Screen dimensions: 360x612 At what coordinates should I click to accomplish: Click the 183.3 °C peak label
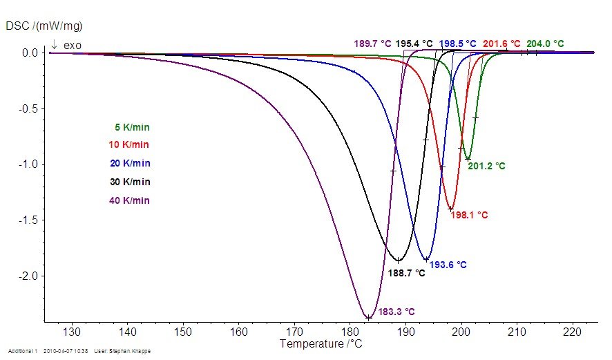click(396, 312)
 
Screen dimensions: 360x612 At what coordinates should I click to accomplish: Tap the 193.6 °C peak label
click(448, 265)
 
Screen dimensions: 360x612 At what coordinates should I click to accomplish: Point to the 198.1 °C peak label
click(469, 215)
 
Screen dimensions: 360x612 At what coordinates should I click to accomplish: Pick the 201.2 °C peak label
click(486, 166)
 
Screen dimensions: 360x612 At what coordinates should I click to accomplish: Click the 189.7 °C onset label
click(373, 44)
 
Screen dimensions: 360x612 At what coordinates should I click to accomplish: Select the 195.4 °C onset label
click(414, 44)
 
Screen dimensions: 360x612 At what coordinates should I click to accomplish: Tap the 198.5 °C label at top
click(457, 44)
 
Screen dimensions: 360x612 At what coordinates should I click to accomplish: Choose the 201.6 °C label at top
click(501, 44)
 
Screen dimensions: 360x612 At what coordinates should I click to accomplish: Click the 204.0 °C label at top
click(545, 44)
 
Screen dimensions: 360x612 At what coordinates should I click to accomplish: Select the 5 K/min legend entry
click(132, 127)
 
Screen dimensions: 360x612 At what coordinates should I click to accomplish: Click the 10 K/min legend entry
click(129, 145)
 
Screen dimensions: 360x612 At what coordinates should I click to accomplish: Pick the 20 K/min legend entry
click(129, 164)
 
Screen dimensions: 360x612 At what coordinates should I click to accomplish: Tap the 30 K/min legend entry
click(129, 182)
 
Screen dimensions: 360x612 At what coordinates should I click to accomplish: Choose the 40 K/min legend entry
click(129, 200)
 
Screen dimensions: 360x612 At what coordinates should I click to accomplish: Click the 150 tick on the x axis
click(182, 332)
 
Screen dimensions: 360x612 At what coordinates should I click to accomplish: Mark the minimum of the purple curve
click(369, 318)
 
